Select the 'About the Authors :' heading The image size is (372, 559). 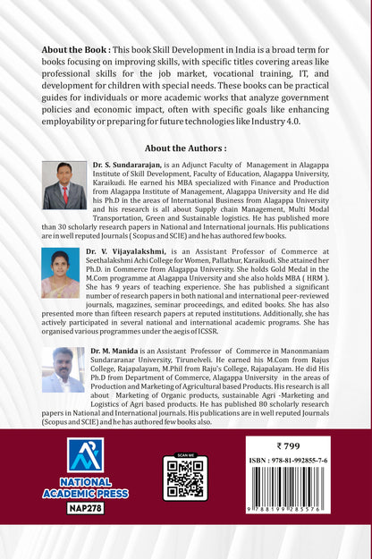point(185,148)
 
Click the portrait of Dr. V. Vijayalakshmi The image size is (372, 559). point(60,273)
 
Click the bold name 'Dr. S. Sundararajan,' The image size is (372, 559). point(129,167)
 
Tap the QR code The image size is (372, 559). point(185,480)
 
